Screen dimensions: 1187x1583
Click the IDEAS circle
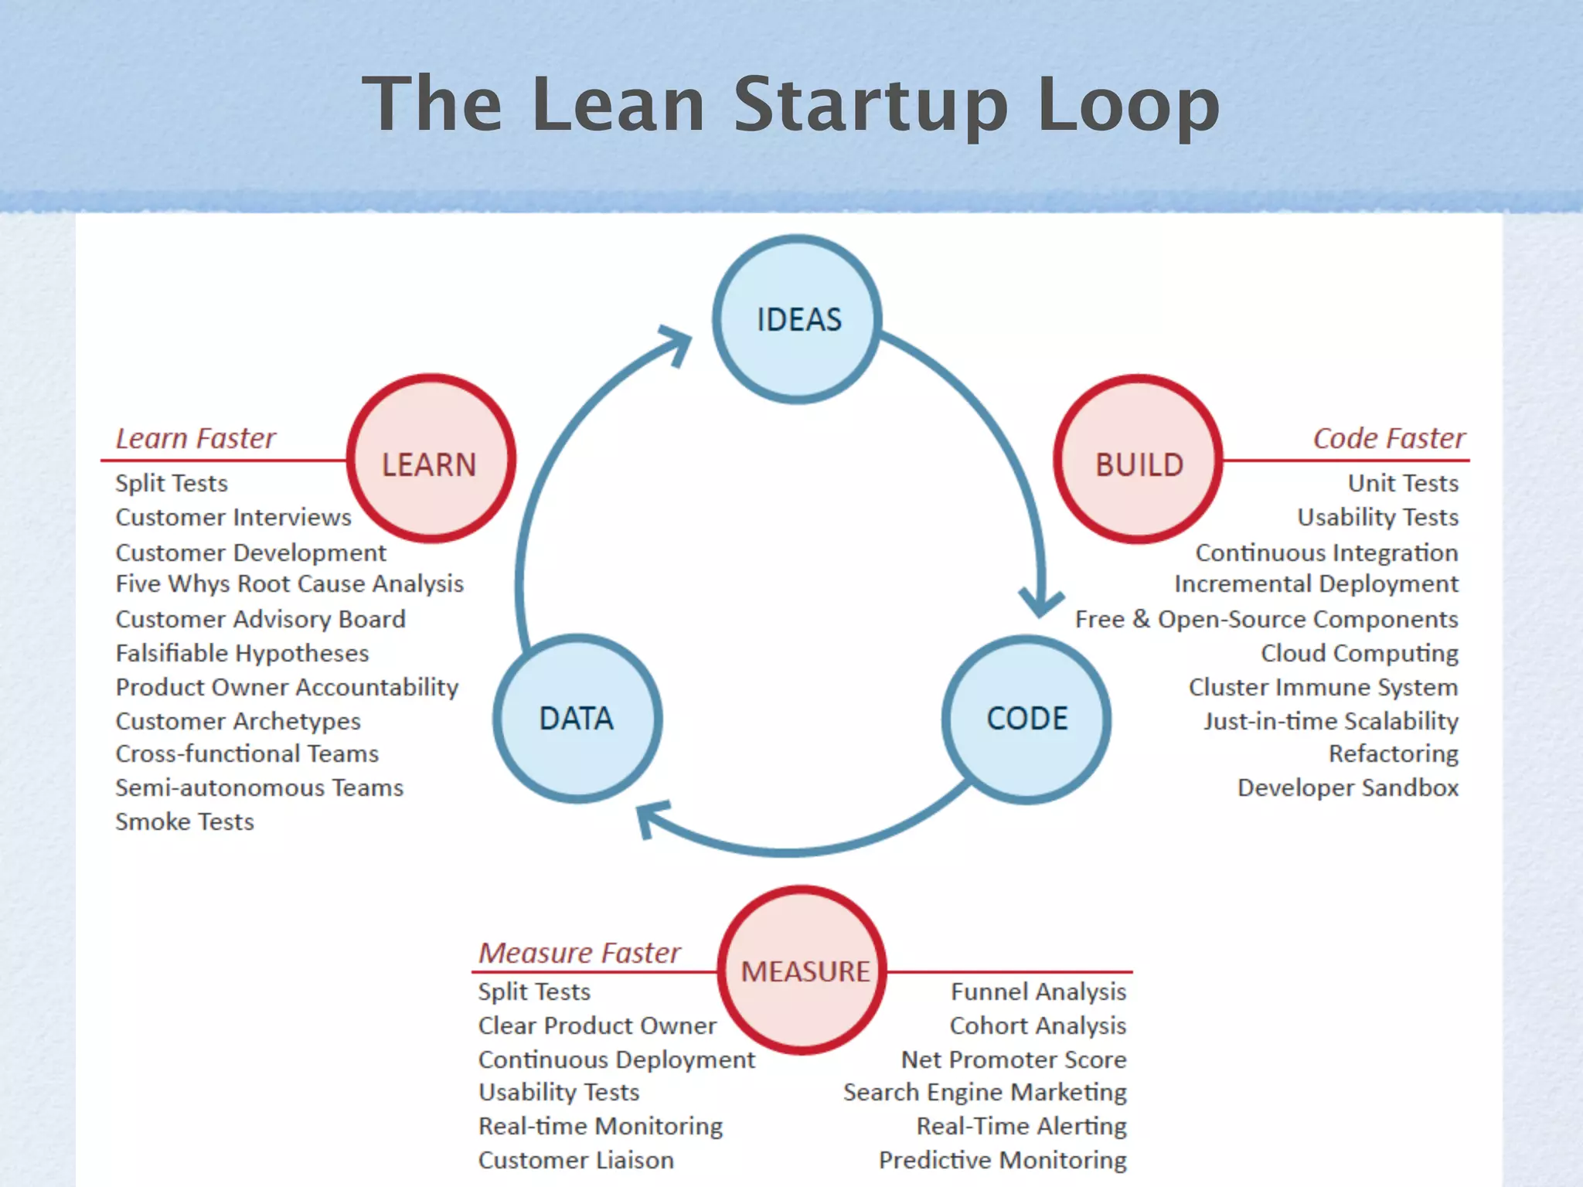pyautogui.click(x=797, y=319)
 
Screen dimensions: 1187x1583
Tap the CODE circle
pyautogui.click(x=1026, y=719)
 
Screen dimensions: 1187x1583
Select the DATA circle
pyautogui.click(x=577, y=719)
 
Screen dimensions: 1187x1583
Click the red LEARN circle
pyautogui.click(x=431, y=459)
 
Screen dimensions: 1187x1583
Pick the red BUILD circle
pyautogui.click(x=1139, y=459)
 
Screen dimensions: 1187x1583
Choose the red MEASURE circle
pyautogui.click(x=804, y=971)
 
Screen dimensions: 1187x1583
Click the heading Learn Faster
pyautogui.click(x=196, y=438)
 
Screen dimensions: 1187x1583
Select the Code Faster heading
pyautogui.click(x=1389, y=438)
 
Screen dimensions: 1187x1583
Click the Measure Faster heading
pyautogui.click(x=580, y=953)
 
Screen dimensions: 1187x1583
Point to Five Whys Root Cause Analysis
pyautogui.click(x=290, y=584)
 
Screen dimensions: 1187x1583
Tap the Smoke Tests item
pyautogui.click(x=185, y=821)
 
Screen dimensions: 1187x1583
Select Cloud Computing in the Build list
pyautogui.click(x=1360, y=654)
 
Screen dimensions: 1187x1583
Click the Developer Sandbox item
pyautogui.click(x=1348, y=788)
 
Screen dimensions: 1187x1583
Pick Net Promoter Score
pyautogui.click(x=1013, y=1059)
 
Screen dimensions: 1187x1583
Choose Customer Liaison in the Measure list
pyautogui.click(x=576, y=1160)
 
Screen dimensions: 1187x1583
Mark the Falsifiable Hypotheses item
pyautogui.click(x=242, y=654)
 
